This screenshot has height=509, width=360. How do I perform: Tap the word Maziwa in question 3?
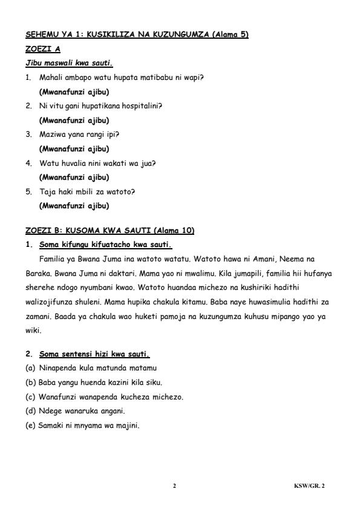51,134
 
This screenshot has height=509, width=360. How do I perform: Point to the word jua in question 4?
147,163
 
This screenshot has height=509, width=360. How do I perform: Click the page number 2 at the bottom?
174,485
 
